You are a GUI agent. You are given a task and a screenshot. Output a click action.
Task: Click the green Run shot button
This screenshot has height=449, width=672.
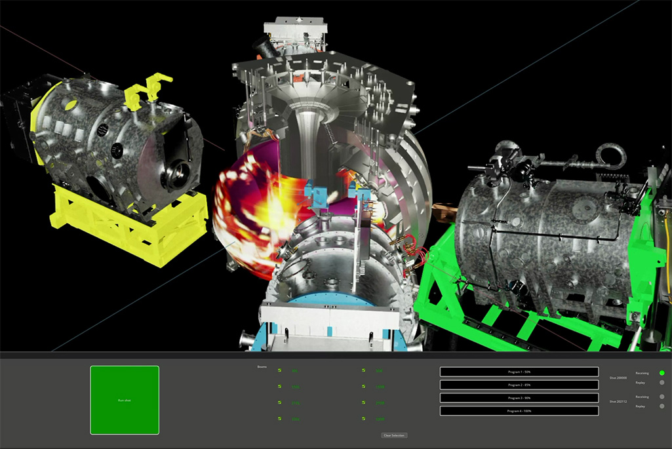[x=125, y=400]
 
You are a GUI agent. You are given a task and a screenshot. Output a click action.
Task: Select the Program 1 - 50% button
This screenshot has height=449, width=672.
[x=519, y=372]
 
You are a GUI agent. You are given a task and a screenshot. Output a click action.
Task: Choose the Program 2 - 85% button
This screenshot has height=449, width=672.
[x=519, y=385]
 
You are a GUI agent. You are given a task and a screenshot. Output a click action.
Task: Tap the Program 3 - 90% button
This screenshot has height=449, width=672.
[x=519, y=398]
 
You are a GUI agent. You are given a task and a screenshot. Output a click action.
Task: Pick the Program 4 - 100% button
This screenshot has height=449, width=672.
[x=519, y=411]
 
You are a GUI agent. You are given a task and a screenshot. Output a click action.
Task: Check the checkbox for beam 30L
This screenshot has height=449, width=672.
[x=280, y=370]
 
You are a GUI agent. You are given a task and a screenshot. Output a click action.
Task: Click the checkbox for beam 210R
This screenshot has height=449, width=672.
[x=363, y=402]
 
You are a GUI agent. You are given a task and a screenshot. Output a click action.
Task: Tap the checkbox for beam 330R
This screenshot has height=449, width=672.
[x=363, y=419]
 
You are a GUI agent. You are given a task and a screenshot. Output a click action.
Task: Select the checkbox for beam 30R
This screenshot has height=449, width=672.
[x=363, y=370]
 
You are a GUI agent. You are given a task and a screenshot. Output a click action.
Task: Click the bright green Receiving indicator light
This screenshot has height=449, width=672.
[x=662, y=373]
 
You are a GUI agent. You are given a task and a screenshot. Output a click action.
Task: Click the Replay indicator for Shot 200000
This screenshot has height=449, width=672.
[x=662, y=383]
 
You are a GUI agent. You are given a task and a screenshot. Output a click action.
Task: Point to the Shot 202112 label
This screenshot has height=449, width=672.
[x=618, y=401]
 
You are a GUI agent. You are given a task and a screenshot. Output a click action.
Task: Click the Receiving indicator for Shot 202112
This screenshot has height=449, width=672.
[x=662, y=397]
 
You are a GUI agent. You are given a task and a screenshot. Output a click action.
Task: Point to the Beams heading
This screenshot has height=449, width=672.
[x=262, y=366]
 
